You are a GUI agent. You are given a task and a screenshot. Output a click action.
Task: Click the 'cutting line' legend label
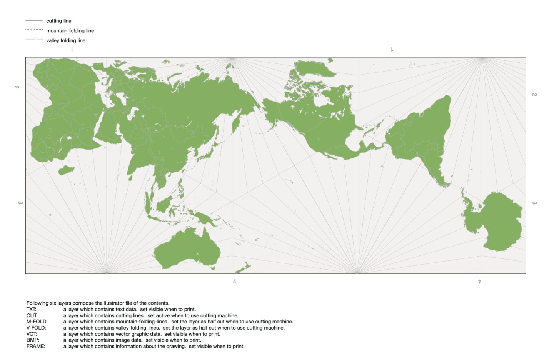click(x=58, y=21)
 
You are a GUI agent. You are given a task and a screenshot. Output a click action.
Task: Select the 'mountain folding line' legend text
click(x=70, y=31)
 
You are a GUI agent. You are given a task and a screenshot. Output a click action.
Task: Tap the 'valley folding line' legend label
click(x=66, y=40)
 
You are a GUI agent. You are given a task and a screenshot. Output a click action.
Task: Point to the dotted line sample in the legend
click(x=34, y=30)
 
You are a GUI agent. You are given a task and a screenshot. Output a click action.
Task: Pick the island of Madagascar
click(x=66, y=170)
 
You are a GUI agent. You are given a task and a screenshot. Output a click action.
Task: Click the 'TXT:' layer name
click(x=32, y=309)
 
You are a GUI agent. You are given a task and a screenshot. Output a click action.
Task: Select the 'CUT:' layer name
click(x=32, y=315)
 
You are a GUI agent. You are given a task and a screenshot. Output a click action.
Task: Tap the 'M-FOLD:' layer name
click(x=37, y=322)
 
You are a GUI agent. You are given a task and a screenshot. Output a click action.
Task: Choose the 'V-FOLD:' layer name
click(x=36, y=328)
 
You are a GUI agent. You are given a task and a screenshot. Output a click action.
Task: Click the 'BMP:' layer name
click(x=33, y=340)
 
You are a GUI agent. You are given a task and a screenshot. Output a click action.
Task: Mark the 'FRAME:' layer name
click(x=36, y=346)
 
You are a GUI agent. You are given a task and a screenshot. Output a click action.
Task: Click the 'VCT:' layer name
click(x=32, y=334)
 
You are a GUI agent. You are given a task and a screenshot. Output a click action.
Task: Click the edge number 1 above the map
click(x=392, y=49)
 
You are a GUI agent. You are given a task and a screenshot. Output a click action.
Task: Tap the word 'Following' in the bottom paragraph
click(x=38, y=303)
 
